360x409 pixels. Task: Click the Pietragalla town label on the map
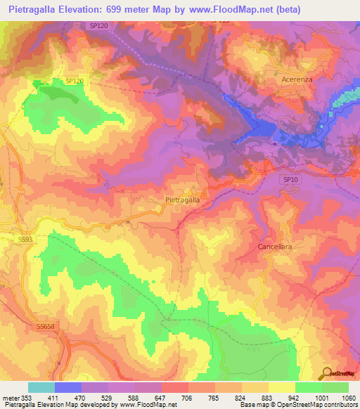click(182, 200)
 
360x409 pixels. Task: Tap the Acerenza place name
click(297, 80)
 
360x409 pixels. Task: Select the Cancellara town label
click(275, 248)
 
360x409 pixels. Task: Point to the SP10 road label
click(291, 180)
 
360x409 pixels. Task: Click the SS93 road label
click(25, 239)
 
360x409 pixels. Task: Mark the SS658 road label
click(45, 327)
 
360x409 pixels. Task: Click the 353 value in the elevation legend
click(25, 398)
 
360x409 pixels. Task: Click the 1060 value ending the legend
click(349, 398)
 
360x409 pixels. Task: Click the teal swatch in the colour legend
click(41, 387)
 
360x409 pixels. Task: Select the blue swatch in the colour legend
click(68, 387)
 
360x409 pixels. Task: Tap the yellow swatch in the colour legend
click(281, 387)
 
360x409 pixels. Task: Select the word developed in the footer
click(96, 405)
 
